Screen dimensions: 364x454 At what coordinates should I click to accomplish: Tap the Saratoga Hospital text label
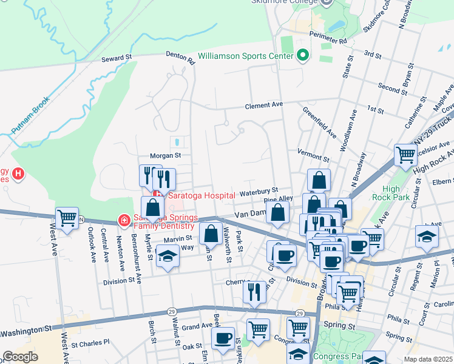click(202, 195)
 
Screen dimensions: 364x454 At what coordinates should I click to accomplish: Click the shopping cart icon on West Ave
click(67, 218)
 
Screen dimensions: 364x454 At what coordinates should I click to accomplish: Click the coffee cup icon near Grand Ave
click(223, 337)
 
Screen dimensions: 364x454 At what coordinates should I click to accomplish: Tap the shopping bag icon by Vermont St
click(319, 180)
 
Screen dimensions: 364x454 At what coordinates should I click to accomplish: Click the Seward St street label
click(117, 58)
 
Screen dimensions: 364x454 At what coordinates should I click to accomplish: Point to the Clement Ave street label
click(264, 105)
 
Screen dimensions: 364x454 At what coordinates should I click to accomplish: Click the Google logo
click(20, 357)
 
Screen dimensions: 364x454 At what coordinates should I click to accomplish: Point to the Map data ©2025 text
click(428, 359)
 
